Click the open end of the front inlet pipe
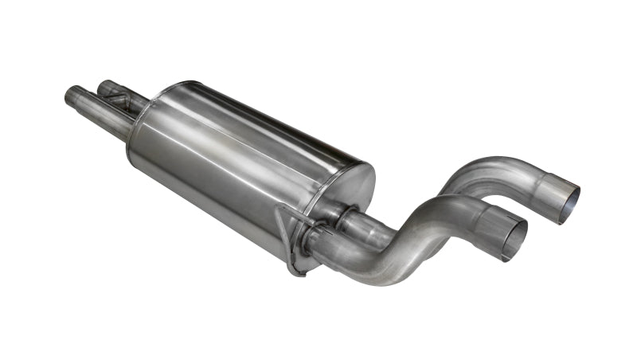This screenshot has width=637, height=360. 70,96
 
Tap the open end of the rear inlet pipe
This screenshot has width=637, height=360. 104,86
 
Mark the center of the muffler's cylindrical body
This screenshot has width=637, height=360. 239,167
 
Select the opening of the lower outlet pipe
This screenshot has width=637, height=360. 514,236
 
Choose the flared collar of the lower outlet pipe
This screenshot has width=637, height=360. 494,225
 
